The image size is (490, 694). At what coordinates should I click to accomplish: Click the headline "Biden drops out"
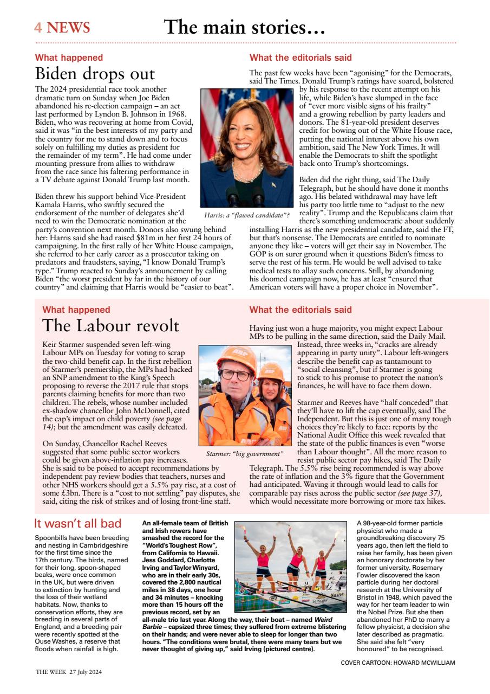point(95,74)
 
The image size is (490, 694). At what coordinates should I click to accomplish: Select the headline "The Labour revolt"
point(110,326)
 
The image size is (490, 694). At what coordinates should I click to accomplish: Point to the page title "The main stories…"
point(244,27)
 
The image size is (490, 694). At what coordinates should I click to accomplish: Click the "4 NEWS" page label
point(62,28)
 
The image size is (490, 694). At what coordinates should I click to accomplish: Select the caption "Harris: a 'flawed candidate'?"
point(246,216)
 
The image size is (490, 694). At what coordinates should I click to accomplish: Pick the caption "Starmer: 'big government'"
point(245,453)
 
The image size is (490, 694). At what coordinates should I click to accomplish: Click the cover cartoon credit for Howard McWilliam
point(398,663)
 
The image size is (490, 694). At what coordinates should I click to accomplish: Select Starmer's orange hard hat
point(236,356)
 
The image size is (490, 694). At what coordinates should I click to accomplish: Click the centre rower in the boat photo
point(296,558)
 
